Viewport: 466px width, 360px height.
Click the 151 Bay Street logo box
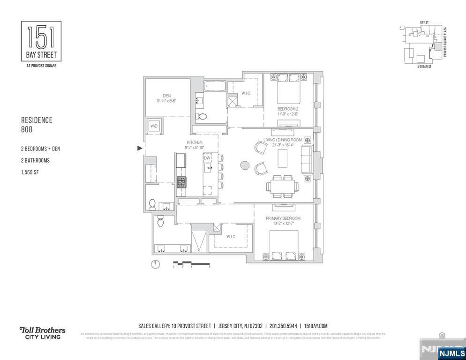(x=41, y=41)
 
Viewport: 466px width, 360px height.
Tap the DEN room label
(x=166, y=96)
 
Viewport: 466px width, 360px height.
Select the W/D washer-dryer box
(x=154, y=127)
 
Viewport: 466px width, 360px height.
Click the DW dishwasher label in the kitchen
(x=207, y=158)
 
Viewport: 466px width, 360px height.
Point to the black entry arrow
(x=139, y=148)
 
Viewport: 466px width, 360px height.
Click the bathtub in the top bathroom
(x=215, y=86)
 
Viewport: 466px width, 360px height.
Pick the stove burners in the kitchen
(x=181, y=182)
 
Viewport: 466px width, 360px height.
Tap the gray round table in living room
(x=244, y=165)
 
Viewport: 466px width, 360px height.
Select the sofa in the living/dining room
(x=307, y=159)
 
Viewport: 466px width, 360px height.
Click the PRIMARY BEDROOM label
(x=283, y=218)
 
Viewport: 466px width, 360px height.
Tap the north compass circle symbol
(x=155, y=264)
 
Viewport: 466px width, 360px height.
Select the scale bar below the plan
(x=191, y=263)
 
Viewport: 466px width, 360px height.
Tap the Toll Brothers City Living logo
(x=43, y=333)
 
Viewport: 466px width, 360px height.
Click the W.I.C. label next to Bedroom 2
(x=246, y=93)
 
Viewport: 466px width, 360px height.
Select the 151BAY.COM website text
(x=316, y=326)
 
